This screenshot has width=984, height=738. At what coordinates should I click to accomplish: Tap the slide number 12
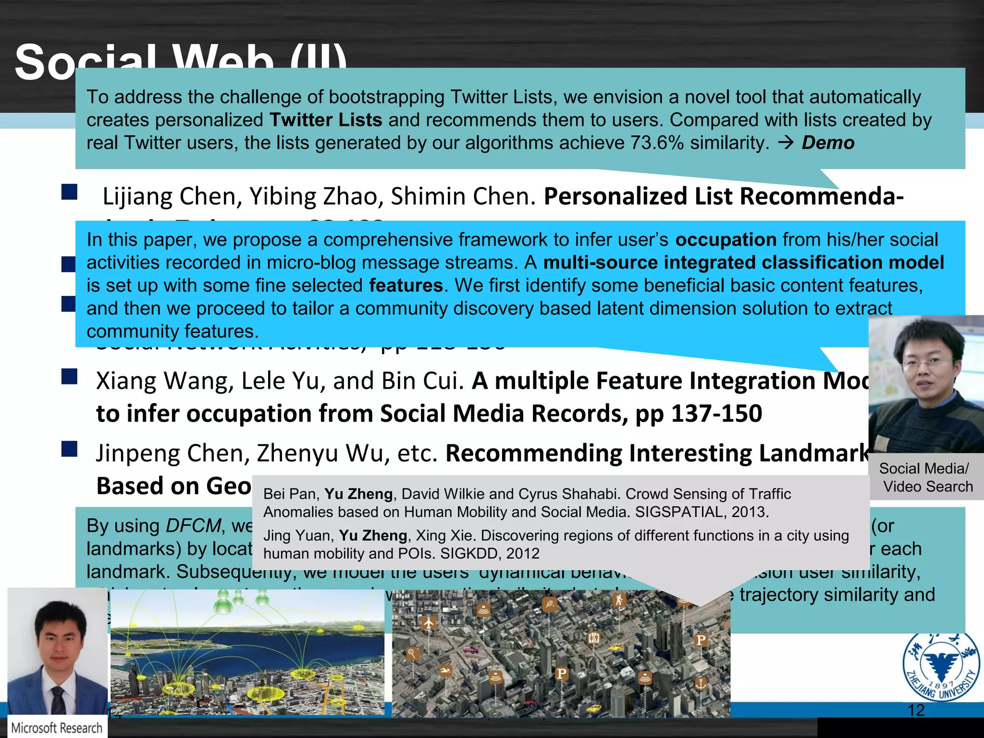(916, 710)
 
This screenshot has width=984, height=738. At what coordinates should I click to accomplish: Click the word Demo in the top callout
(828, 143)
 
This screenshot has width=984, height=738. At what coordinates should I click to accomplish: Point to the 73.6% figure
(657, 143)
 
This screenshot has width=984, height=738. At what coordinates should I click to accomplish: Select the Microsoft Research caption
(57, 728)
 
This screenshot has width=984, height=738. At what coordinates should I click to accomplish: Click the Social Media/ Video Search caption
(925, 477)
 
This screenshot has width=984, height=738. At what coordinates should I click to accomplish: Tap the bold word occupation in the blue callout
(726, 239)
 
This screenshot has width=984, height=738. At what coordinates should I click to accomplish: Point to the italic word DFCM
(193, 526)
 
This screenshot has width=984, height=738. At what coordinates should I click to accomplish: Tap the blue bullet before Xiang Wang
(70, 377)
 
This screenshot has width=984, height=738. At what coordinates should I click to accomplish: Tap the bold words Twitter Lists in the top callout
(326, 120)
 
